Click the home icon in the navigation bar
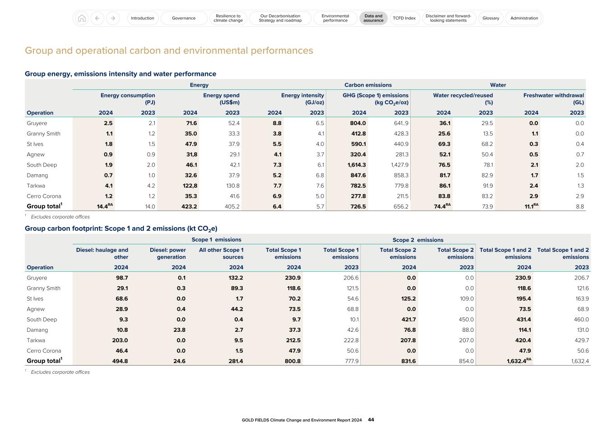[82, 18]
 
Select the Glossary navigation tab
[491, 18]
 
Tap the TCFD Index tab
[404, 18]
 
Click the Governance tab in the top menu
[184, 18]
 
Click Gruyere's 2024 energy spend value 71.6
[191, 123]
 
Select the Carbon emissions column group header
[368, 85]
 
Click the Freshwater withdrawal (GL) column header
[553, 98]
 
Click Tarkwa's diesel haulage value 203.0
[120, 340]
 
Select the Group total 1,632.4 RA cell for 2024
[519, 361]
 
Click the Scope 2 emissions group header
[418, 240]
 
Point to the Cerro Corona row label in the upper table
[44, 196]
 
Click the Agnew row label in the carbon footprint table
[36, 309]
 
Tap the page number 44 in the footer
[371, 420]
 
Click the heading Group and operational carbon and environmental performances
[169, 51]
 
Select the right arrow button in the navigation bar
[113, 18]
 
